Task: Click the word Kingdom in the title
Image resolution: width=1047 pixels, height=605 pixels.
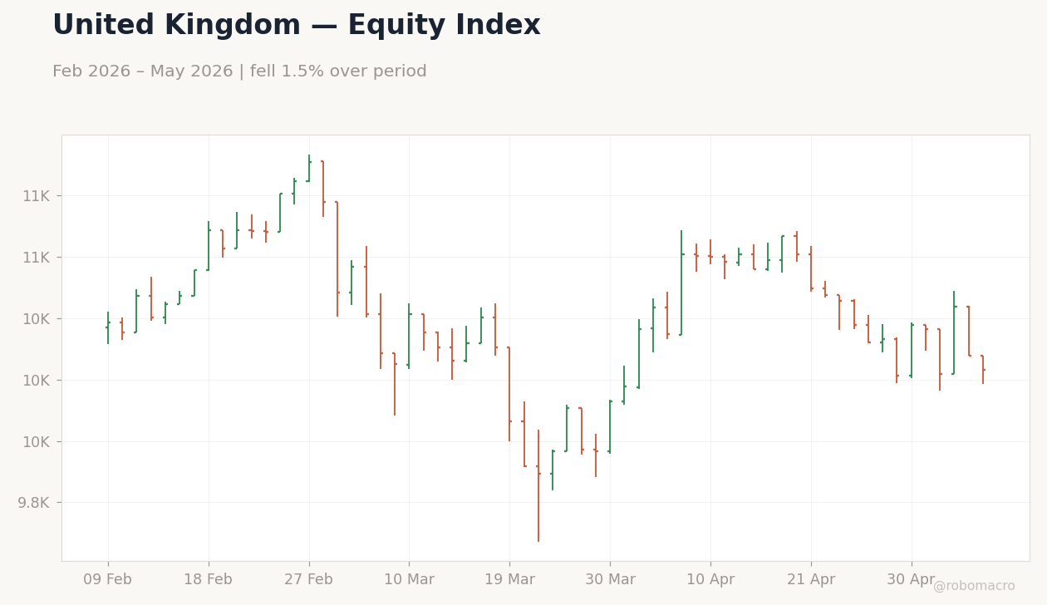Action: [233, 26]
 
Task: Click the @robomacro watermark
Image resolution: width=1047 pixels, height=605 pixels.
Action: [974, 586]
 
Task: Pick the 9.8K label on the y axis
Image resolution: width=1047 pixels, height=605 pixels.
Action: [33, 503]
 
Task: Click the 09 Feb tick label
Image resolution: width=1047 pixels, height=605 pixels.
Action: [107, 579]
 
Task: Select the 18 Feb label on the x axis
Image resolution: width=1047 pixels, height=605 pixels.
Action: [208, 579]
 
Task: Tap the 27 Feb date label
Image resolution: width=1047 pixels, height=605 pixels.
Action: [308, 579]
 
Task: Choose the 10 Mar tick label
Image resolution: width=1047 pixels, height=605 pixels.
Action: [409, 579]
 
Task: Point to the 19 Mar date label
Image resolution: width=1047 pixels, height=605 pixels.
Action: [509, 579]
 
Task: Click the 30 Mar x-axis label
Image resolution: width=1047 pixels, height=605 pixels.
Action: [610, 579]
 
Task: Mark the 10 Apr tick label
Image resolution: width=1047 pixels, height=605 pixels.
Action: [710, 579]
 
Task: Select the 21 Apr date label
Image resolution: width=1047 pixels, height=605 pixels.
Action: [811, 579]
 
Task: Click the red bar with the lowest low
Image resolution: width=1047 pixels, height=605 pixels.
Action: [538, 485]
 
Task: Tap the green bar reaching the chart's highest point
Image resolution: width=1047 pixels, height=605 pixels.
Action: [309, 168]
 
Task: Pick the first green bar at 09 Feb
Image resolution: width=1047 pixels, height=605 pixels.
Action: [108, 327]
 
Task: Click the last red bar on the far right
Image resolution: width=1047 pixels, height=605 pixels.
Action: [983, 369]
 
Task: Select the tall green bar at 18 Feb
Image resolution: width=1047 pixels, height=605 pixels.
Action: [209, 246]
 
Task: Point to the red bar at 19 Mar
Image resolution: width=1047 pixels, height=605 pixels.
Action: [509, 394]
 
